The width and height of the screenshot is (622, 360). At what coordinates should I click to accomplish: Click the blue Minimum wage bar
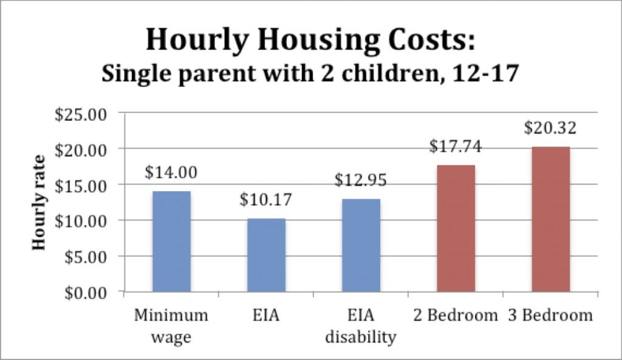(x=171, y=242)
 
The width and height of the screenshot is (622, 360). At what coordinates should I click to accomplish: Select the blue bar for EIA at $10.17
(x=266, y=255)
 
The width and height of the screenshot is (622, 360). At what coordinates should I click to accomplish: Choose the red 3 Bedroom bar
(x=550, y=219)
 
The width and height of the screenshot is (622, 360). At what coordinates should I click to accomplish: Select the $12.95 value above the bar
(x=361, y=181)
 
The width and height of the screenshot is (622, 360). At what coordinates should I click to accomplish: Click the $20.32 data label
(x=550, y=129)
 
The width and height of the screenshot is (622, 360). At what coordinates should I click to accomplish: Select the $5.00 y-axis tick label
(x=85, y=257)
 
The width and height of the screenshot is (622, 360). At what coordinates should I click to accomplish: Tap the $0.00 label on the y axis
(x=85, y=293)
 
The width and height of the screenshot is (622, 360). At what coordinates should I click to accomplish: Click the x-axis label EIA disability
(x=360, y=327)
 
